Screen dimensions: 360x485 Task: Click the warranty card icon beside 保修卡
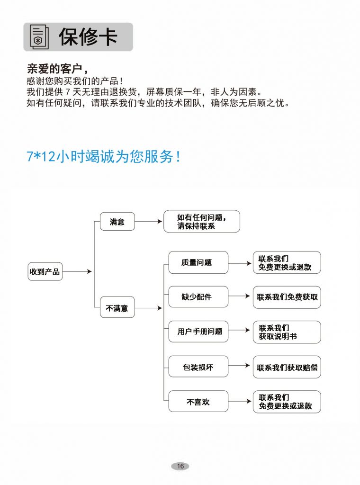tap(39, 37)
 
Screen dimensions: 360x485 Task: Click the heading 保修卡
tap(88, 37)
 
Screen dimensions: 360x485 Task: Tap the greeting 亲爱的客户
tap(54, 69)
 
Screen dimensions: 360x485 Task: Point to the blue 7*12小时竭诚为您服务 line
tap(103, 156)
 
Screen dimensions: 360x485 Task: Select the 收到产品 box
tap(45, 271)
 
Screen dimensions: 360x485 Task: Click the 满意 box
tap(117, 222)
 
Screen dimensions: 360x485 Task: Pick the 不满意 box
tap(117, 308)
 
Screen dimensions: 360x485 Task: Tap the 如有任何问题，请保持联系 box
tap(202, 222)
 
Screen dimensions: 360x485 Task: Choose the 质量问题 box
tap(198, 262)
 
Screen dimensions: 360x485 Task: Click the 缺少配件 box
tap(198, 297)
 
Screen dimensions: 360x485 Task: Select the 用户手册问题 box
tap(198, 332)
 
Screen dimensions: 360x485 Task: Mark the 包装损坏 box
tap(198, 367)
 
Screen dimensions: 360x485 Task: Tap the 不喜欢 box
tap(198, 402)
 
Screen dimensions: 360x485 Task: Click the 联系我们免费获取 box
tap(287, 297)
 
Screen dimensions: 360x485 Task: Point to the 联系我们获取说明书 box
tap(287, 332)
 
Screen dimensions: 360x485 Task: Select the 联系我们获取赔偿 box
tap(287, 367)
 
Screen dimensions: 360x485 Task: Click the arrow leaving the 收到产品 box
tap(77, 271)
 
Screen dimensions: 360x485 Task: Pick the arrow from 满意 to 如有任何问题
tap(149, 222)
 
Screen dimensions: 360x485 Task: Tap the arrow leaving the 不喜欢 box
tap(240, 401)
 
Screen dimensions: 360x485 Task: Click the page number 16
tap(180, 466)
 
